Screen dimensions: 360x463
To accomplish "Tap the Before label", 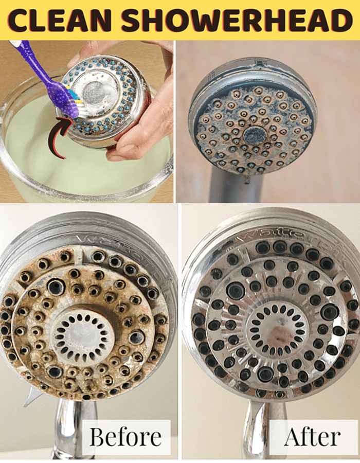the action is click(x=125, y=436).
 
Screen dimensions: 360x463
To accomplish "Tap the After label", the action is click(x=313, y=437).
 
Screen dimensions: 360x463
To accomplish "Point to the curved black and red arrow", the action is click(x=59, y=136).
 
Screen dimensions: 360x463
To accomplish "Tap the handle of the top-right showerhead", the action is click(x=236, y=186).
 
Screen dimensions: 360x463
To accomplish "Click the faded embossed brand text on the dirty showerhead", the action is click(x=124, y=251).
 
